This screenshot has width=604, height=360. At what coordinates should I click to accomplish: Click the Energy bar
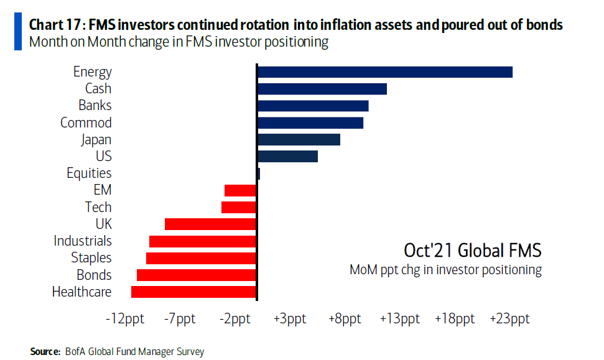click(384, 72)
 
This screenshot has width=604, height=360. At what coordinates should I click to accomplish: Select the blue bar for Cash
click(322, 89)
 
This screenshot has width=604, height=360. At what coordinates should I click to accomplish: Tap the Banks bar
click(312, 106)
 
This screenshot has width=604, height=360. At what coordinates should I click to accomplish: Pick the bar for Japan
click(298, 139)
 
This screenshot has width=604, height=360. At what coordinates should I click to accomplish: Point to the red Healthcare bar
click(193, 292)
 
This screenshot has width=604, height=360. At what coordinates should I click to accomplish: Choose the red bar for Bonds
click(197, 275)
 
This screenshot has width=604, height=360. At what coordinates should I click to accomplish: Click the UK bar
click(210, 224)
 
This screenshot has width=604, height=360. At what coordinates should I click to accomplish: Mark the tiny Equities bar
click(258, 173)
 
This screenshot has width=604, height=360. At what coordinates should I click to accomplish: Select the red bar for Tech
click(239, 207)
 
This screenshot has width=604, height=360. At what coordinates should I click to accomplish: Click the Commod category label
click(86, 122)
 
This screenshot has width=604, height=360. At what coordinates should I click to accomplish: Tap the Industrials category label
click(83, 241)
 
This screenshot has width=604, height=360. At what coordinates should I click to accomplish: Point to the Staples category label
click(91, 257)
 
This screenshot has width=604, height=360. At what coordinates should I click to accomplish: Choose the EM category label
click(102, 190)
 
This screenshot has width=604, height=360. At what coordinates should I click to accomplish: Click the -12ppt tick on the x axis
click(125, 319)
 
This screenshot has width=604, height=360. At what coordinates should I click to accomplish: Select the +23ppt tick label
click(509, 319)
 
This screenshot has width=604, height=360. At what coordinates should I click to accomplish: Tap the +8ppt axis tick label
click(344, 319)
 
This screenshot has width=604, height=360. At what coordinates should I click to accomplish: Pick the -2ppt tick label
click(235, 319)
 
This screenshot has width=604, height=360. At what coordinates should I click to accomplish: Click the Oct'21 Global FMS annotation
click(472, 251)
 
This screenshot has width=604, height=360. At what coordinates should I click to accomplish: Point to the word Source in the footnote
click(45, 352)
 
